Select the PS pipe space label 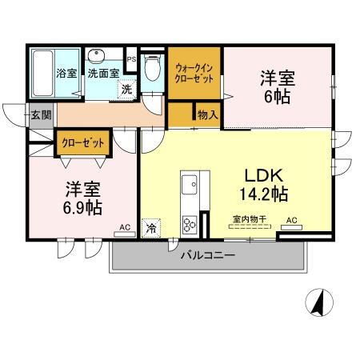(x=131, y=59)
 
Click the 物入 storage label (x=207, y=114)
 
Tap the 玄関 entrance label (x=42, y=114)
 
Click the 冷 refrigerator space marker (x=151, y=228)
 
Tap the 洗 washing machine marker (x=126, y=90)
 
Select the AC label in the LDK (x=291, y=221)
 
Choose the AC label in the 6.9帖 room (x=125, y=228)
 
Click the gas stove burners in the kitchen (x=190, y=222)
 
